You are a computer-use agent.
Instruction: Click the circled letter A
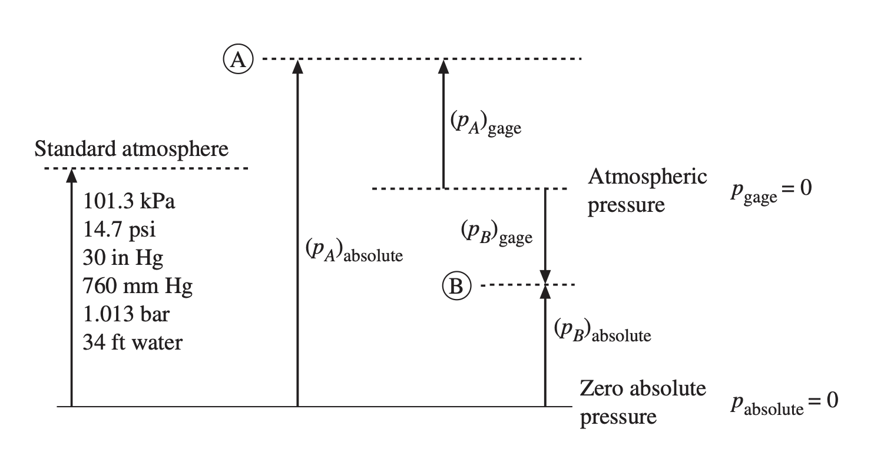coord(239,59)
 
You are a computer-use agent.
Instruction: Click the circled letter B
coord(456,286)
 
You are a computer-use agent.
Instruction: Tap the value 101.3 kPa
coord(130,201)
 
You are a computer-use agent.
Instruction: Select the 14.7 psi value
coord(120,229)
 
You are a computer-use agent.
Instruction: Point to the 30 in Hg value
coord(123,257)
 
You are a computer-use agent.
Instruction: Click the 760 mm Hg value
coord(138,286)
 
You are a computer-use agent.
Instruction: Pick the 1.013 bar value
coord(127,314)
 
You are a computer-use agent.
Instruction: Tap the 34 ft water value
coord(133,342)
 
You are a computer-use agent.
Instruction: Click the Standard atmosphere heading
coord(131,148)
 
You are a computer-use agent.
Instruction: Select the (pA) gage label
coord(485,123)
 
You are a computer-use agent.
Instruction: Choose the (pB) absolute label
coord(602,331)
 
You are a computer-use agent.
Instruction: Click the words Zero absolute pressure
coord(643,403)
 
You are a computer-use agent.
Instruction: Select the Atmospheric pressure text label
coord(647,191)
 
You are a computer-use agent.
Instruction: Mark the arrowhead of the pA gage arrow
coord(443,65)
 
